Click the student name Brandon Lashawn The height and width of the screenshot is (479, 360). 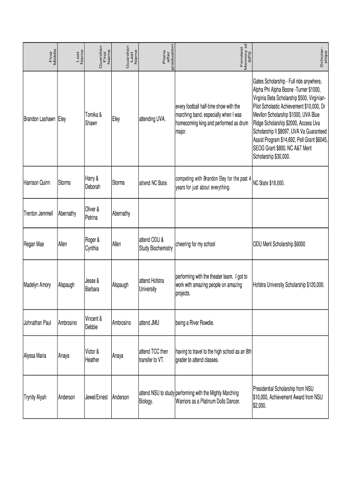40,119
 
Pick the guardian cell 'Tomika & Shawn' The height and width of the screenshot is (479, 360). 94,119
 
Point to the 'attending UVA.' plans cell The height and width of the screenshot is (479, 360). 152,119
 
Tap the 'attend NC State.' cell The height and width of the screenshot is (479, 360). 153,183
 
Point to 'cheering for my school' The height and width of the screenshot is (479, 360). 195,244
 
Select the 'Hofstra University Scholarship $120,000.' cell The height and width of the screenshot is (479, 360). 289,285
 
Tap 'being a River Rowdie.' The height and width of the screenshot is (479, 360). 195,322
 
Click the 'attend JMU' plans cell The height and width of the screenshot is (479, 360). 150,322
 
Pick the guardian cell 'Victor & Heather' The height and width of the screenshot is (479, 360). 92,356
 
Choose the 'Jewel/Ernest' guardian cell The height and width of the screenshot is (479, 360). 96,397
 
